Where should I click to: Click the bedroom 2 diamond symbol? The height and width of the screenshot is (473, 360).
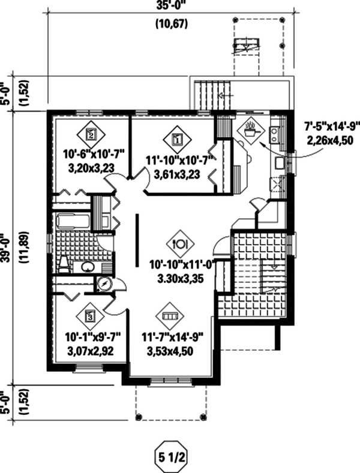point(91,134)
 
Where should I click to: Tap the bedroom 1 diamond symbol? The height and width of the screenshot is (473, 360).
point(177,139)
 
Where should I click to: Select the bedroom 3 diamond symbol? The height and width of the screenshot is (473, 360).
point(89,317)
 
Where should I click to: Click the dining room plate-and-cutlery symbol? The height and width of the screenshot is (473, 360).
point(181,244)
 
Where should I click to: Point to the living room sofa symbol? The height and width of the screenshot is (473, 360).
point(169,316)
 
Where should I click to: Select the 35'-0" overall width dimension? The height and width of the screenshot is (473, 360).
point(170,6)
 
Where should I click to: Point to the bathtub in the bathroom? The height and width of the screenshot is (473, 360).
point(73,222)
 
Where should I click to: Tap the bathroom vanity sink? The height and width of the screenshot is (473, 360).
point(87,266)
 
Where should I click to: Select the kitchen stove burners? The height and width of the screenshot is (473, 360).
point(275,134)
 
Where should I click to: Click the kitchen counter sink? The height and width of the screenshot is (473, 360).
point(280,163)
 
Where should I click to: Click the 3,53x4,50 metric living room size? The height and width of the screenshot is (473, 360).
point(170,351)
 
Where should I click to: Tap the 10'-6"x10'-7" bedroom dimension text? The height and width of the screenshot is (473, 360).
point(94,154)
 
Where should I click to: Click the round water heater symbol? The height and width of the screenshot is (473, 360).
point(104,284)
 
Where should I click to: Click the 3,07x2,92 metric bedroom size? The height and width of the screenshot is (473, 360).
point(91,351)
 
